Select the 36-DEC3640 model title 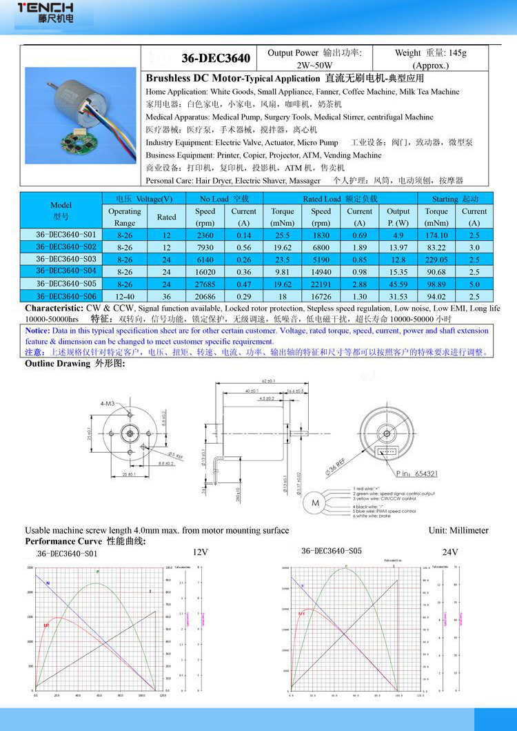(215, 57)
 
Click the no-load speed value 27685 (205, 284)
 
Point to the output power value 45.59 (398, 284)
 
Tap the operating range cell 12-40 (125, 296)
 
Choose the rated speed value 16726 (321, 296)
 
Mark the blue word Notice (39, 331)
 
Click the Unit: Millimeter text (458, 530)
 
